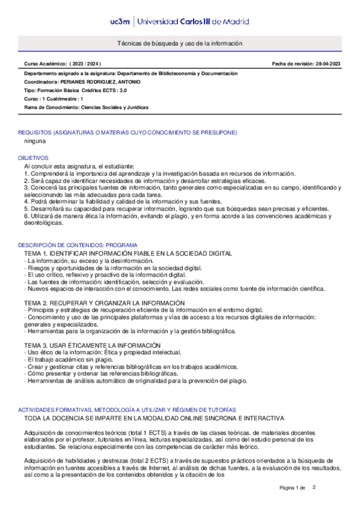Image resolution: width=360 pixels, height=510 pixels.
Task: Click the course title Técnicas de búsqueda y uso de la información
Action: click(x=180, y=45)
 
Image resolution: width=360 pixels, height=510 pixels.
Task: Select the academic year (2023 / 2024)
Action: click(x=85, y=64)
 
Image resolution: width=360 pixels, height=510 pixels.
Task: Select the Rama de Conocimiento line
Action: click(x=86, y=107)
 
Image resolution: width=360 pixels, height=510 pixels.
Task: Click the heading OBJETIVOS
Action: click(x=34, y=158)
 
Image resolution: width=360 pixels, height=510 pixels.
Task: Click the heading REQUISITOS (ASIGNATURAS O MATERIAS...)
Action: click(x=127, y=132)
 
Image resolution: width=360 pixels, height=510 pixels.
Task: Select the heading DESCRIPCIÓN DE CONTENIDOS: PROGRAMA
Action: click(x=78, y=246)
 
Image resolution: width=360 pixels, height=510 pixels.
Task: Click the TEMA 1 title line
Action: click(x=120, y=254)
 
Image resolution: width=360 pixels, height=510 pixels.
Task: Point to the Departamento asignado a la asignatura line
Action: click(x=130, y=73)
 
